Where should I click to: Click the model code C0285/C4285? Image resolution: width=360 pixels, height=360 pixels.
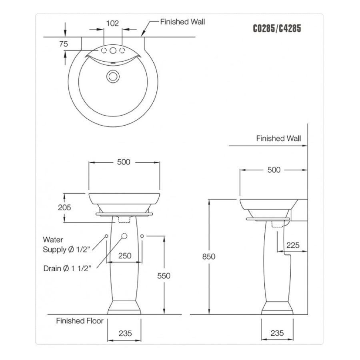pos(277,29)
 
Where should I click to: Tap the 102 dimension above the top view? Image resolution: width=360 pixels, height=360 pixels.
pos(112,23)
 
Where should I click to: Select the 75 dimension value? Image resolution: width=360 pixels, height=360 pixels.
pos(64,44)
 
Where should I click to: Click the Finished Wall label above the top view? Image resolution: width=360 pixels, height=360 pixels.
pos(182,22)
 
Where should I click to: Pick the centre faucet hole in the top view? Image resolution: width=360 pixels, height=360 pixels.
pos(113,51)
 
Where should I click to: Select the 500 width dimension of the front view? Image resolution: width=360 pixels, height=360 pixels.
pos(124,162)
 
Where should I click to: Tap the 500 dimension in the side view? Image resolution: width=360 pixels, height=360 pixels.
pos(274,170)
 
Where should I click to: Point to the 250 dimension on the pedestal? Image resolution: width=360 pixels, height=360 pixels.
pos(124,256)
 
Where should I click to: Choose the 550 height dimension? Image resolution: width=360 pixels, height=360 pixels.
pos(164,276)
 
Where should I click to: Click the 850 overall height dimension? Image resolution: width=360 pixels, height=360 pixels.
pos(208,256)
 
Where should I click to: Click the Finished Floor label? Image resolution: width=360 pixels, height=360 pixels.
pos(80,321)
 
